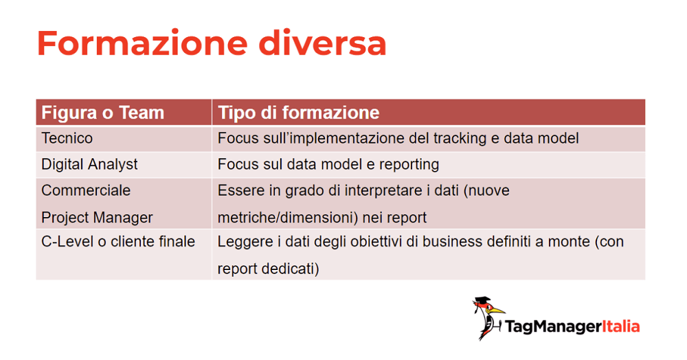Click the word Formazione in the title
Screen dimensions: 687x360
[142, 43]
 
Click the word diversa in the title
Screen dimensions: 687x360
[322, 43]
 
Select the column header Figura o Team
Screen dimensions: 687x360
[102, 113]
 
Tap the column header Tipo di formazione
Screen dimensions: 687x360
[298, 113]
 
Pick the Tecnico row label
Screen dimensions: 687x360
[67, 138]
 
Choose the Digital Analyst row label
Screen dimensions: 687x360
[89, 164]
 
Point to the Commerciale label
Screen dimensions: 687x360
[86, 190]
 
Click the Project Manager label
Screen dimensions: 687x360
[97, 217]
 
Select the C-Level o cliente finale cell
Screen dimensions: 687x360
[118, 241]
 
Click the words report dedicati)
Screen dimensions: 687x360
[268, 268]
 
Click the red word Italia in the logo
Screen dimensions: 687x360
[620, 326]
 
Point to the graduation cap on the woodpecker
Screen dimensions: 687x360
[482, 301]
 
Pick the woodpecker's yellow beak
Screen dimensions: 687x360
[497, 311]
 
